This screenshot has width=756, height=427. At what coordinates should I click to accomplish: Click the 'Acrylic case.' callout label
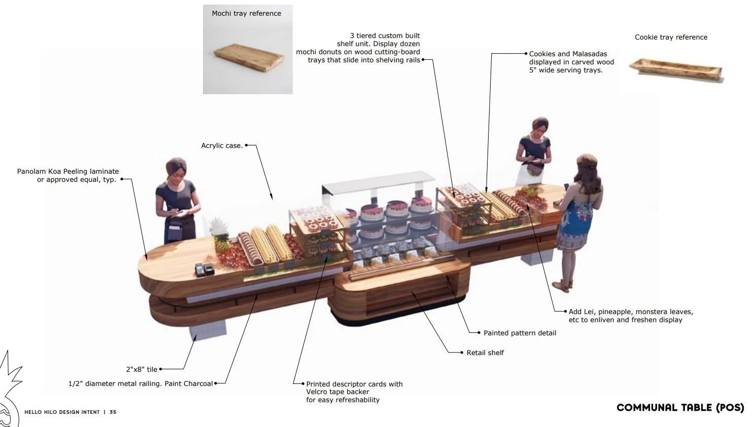tap(222, 146)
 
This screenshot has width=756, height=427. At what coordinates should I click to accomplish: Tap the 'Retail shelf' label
tap(485, 353)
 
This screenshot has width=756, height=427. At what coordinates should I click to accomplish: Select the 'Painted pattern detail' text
tap(520, 333)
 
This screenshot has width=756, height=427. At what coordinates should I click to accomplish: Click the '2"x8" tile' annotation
tap(142, 370)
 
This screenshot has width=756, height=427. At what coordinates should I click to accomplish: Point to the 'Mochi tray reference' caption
tap(247, 14)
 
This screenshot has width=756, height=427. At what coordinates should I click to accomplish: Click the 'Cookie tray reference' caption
tap(671, 37)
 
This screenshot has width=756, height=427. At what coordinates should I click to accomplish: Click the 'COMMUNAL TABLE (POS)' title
tap(680, 408)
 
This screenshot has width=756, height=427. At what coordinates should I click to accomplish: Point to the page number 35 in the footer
tap(113, 412)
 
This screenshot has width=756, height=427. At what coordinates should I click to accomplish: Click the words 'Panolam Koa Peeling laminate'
tap(68, 172)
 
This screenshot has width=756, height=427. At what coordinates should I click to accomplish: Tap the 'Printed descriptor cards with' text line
tap(354, 384)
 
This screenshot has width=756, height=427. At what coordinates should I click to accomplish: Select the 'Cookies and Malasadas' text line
tap(568, 54)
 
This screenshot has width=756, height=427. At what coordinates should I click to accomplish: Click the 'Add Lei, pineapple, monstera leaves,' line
tap(631, 312)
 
